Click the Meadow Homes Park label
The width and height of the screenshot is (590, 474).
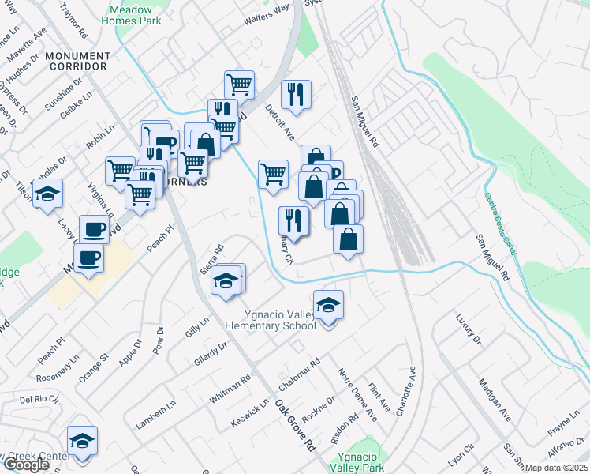pyautogui.click(x=132, y=15)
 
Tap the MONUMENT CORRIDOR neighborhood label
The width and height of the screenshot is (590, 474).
pyautogui.click(x=77, y=62)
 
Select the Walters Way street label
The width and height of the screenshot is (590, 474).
pyautogui.click(x=267, y=13)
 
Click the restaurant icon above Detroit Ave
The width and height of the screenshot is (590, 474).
pyautogui.click(x=296, y=94)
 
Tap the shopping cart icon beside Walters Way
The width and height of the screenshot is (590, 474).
pyautogui.click(x=238, y=83)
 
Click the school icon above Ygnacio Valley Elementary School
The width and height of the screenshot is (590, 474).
pyautogui.click(x=328, y=305)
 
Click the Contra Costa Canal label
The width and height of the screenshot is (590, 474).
pyautogui.click(x=501, y=224)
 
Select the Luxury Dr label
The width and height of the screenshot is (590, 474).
pyautogui.click(x=468, y=329)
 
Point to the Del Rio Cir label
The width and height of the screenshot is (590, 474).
pyautogui.click(x=39, y=399)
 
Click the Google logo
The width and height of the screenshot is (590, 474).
pyautogui.click(x=25, y=465)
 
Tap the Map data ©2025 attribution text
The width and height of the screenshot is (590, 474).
pyautogui.click(x=556, y=468)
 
